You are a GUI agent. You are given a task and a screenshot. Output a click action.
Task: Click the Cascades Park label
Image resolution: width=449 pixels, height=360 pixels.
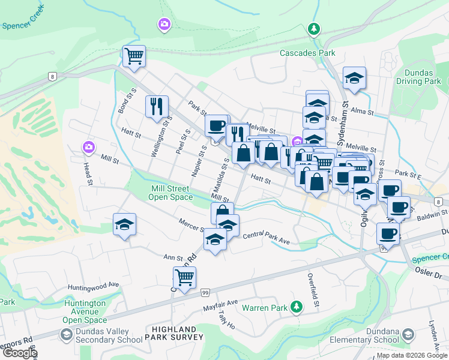click(x=307, y=53)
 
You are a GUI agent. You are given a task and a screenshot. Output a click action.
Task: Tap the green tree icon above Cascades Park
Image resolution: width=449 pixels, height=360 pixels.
click(x=313, y=28)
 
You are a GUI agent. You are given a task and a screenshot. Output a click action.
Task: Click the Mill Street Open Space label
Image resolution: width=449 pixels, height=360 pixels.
click(x=170, y=193)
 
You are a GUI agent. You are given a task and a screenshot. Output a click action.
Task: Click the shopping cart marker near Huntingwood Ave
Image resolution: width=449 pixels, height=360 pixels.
click(x=184, y=277)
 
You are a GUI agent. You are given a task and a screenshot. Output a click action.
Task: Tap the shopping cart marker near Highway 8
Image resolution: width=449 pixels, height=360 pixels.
click(x=134, y=56)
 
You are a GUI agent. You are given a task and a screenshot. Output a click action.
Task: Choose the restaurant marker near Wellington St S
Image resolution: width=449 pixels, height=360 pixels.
click(x=157, y=106)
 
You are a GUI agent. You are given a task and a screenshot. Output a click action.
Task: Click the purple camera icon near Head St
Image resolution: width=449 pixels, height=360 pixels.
click(x=89, y=146)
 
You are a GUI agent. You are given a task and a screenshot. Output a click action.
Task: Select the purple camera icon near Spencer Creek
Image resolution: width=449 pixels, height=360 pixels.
click(x=164, y=24)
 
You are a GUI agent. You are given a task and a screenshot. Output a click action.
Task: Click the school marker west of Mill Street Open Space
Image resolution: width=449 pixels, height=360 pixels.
click(x=125, y=224)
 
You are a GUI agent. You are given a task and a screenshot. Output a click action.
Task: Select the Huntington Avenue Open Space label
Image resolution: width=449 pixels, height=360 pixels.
click(x=85, y=311)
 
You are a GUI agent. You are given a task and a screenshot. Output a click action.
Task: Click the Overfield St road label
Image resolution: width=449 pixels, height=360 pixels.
click(x=313, y=288)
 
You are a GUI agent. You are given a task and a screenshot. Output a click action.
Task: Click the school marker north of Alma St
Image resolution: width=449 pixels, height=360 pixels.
click(x=354, y=78)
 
